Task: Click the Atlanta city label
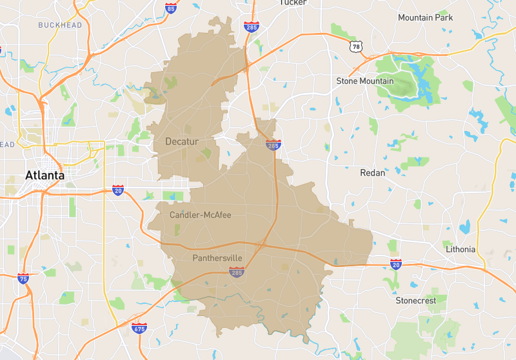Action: [x=45, y=175]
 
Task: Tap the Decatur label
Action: [x=182, y=141]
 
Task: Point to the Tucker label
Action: [x=293, y=3]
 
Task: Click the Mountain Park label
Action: [x=425, y=17]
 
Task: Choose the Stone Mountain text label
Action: [x=364, y=81]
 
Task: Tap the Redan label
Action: [x=372, y=173]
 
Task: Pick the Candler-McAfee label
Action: [x=200, y=214]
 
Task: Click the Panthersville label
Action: [x=217, y=258]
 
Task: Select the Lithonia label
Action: [x=461, y=249]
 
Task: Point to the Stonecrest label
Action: [x=415, y=301]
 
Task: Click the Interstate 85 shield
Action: [x=170, y=8]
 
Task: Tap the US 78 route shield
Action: [x=355, y=46]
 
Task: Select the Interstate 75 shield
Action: [x=23, y=279]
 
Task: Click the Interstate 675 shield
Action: [x=139, y=328]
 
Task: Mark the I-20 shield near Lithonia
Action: [x=396, y=264]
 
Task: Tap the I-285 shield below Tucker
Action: [x=252, y=26]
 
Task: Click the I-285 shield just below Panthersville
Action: [x=236, y=273]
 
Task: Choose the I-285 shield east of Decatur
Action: [x=273, y=145]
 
